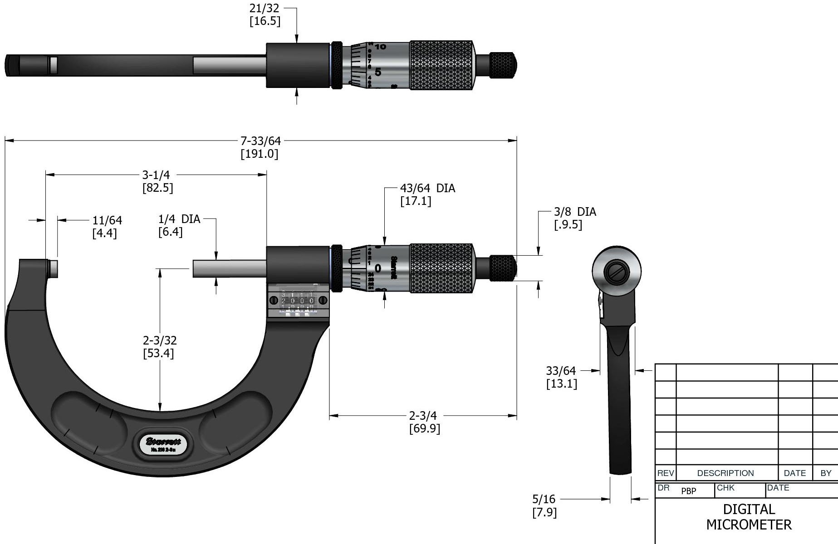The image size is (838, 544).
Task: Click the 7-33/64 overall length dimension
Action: (260, 141)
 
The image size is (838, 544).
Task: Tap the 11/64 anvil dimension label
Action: (107, 221)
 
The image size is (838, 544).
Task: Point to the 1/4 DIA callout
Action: (179, 219)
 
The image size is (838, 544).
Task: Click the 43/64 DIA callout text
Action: (427, 189)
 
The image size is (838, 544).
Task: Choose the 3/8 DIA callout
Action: (575, 212)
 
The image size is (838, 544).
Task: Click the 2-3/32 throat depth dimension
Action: (160, 340)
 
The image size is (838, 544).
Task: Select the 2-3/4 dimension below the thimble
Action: (423, 416)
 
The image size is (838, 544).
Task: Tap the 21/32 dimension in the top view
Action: (265, 8)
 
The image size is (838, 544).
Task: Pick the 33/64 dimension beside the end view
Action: (561, 371)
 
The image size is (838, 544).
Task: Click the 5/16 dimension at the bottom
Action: (544, 500)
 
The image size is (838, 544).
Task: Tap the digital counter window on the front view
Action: (297, 301)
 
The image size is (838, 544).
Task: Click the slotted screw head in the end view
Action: (617, 272)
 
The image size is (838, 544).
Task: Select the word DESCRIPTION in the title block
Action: (725, 473)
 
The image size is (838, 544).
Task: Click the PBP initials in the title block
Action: (688, 491)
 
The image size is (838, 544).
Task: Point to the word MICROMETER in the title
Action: (749, 525)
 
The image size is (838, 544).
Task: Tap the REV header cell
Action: (665, 473)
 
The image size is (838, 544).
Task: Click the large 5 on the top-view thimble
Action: (378, 72)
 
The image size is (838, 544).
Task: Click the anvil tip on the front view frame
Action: (52, 268)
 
